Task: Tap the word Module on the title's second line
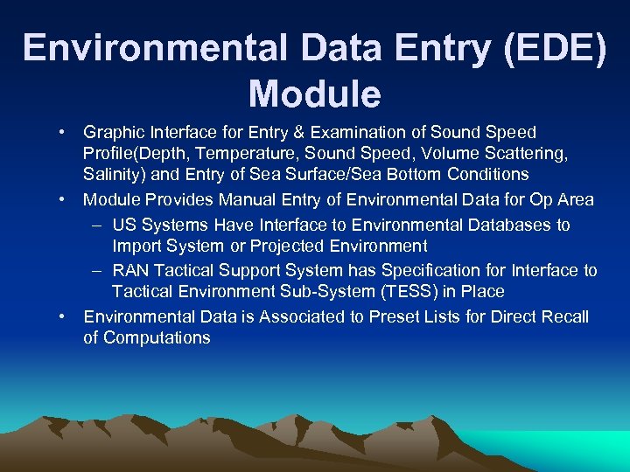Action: coord(314,94)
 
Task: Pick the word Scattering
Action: coord(528,154)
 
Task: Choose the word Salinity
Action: coord(115,174)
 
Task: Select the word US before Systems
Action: coord(124,225)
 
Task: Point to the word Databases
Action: coord(504,225)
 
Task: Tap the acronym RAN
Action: coord(130,270)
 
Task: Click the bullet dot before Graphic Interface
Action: coord(64,133)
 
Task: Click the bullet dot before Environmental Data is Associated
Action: coord(64,316)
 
